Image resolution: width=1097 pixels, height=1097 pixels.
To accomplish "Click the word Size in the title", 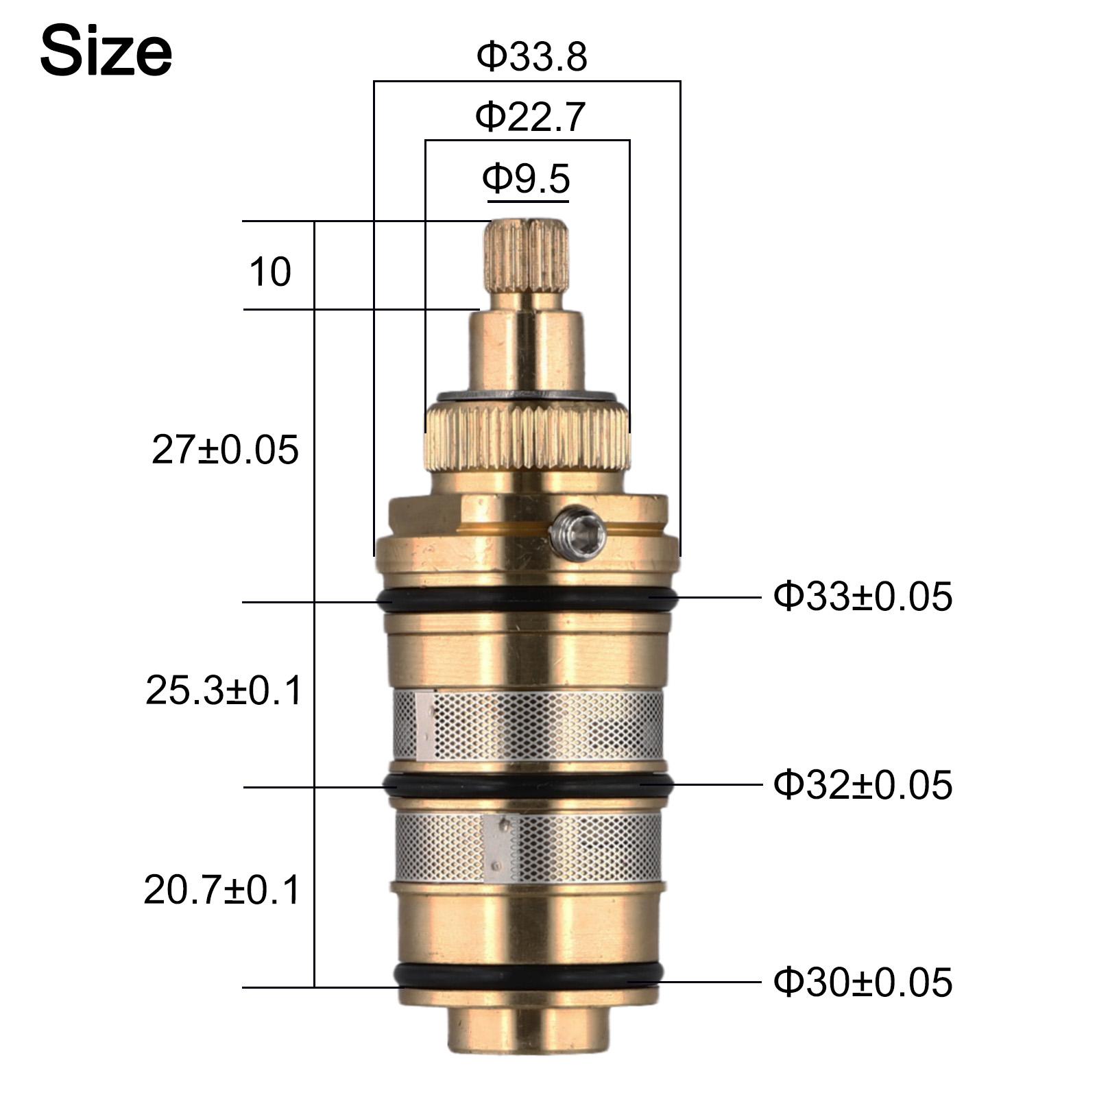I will (x=106, y=52).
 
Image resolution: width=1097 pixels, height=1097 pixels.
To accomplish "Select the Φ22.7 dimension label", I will (x=530, y=117).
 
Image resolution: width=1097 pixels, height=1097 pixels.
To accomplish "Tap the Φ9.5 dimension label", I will (x=526, y=178).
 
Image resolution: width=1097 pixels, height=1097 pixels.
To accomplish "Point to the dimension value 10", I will (x=269, y=272).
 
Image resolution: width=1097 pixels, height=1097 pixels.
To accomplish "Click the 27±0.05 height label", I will (x=225, y=450).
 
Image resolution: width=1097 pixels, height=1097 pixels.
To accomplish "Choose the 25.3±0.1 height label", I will (x=224, y=690).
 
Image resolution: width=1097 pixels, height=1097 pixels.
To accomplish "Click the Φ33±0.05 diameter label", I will (x=863, y=596).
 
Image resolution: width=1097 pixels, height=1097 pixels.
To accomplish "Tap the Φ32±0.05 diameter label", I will (x=863, y=784).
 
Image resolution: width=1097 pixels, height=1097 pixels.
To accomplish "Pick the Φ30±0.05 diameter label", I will (x=863, y=982).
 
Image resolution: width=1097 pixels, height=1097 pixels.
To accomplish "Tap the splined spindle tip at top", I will (x=527, y=254).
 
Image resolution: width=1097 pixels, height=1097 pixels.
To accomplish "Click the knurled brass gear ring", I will (x=527, y=439).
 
